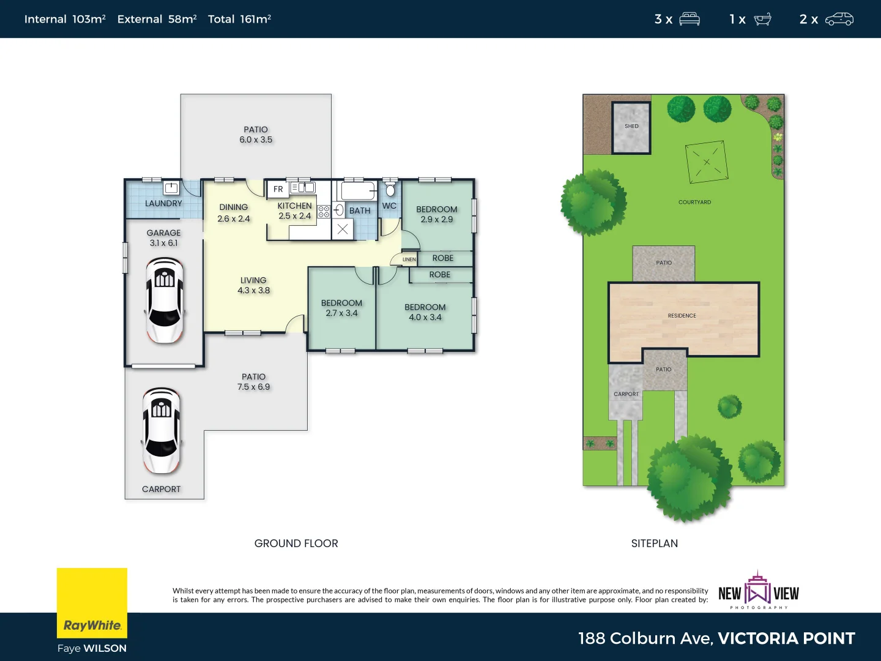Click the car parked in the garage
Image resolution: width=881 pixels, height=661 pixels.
(164, 300)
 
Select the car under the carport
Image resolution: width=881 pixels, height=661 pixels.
(161, 430)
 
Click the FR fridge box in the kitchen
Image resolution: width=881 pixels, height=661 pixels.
(278, 189)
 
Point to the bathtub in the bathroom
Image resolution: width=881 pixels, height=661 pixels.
(359, 191)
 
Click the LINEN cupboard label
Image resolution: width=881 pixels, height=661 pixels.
(409, 260)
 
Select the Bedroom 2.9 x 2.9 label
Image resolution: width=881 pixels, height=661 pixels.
(437, 214)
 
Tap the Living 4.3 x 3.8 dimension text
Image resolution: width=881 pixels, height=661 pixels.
(253, 291)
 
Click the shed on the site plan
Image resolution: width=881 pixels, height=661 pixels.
(631, 127)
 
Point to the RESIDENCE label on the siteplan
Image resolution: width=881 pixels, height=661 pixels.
(682, 316)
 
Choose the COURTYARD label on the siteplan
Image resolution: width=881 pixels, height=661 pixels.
(694, 202)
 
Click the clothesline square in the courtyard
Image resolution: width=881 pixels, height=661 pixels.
(707, 162)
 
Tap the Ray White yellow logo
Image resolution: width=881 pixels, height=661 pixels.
(92, 603)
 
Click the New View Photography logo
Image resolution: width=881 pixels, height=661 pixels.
(759, 591)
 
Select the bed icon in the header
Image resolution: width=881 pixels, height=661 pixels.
(690, 19)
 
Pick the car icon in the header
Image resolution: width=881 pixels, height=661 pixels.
(839, 19)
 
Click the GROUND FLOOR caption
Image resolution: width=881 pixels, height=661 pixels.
(296, 543)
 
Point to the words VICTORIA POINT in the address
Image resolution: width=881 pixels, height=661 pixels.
(786, 638)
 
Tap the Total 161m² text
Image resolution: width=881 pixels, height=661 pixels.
(239, 19)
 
